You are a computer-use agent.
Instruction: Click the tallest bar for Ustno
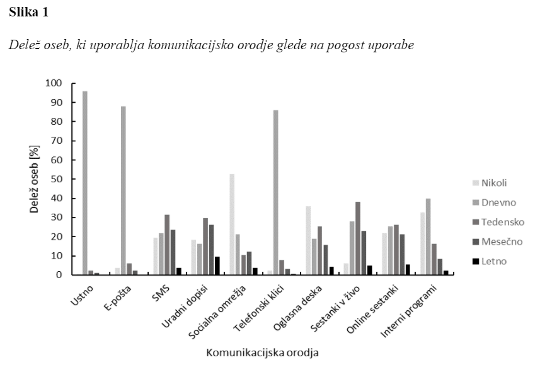point(84,183)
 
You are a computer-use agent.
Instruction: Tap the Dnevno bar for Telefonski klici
point(276,192)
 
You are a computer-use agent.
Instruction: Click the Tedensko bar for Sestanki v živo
point(359,238)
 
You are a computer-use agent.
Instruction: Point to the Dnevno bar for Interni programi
point(428,236)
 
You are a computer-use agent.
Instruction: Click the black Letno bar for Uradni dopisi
point(216,265)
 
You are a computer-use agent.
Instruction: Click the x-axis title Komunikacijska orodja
point(261,351)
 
